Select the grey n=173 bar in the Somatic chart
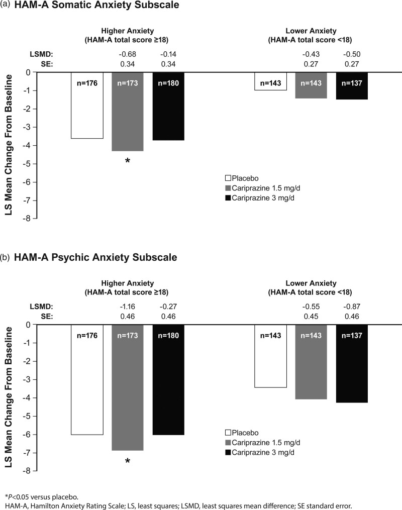click(x=128, y=112)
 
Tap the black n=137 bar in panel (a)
click(x=352, y=86)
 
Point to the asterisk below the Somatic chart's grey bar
click(x=128, y=161)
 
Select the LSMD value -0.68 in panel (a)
click(x=128, y=54)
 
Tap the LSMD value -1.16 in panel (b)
click(x=128, y=306)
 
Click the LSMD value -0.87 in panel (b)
click(x=352, y=306)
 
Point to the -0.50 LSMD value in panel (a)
click(x=352, y=54)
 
